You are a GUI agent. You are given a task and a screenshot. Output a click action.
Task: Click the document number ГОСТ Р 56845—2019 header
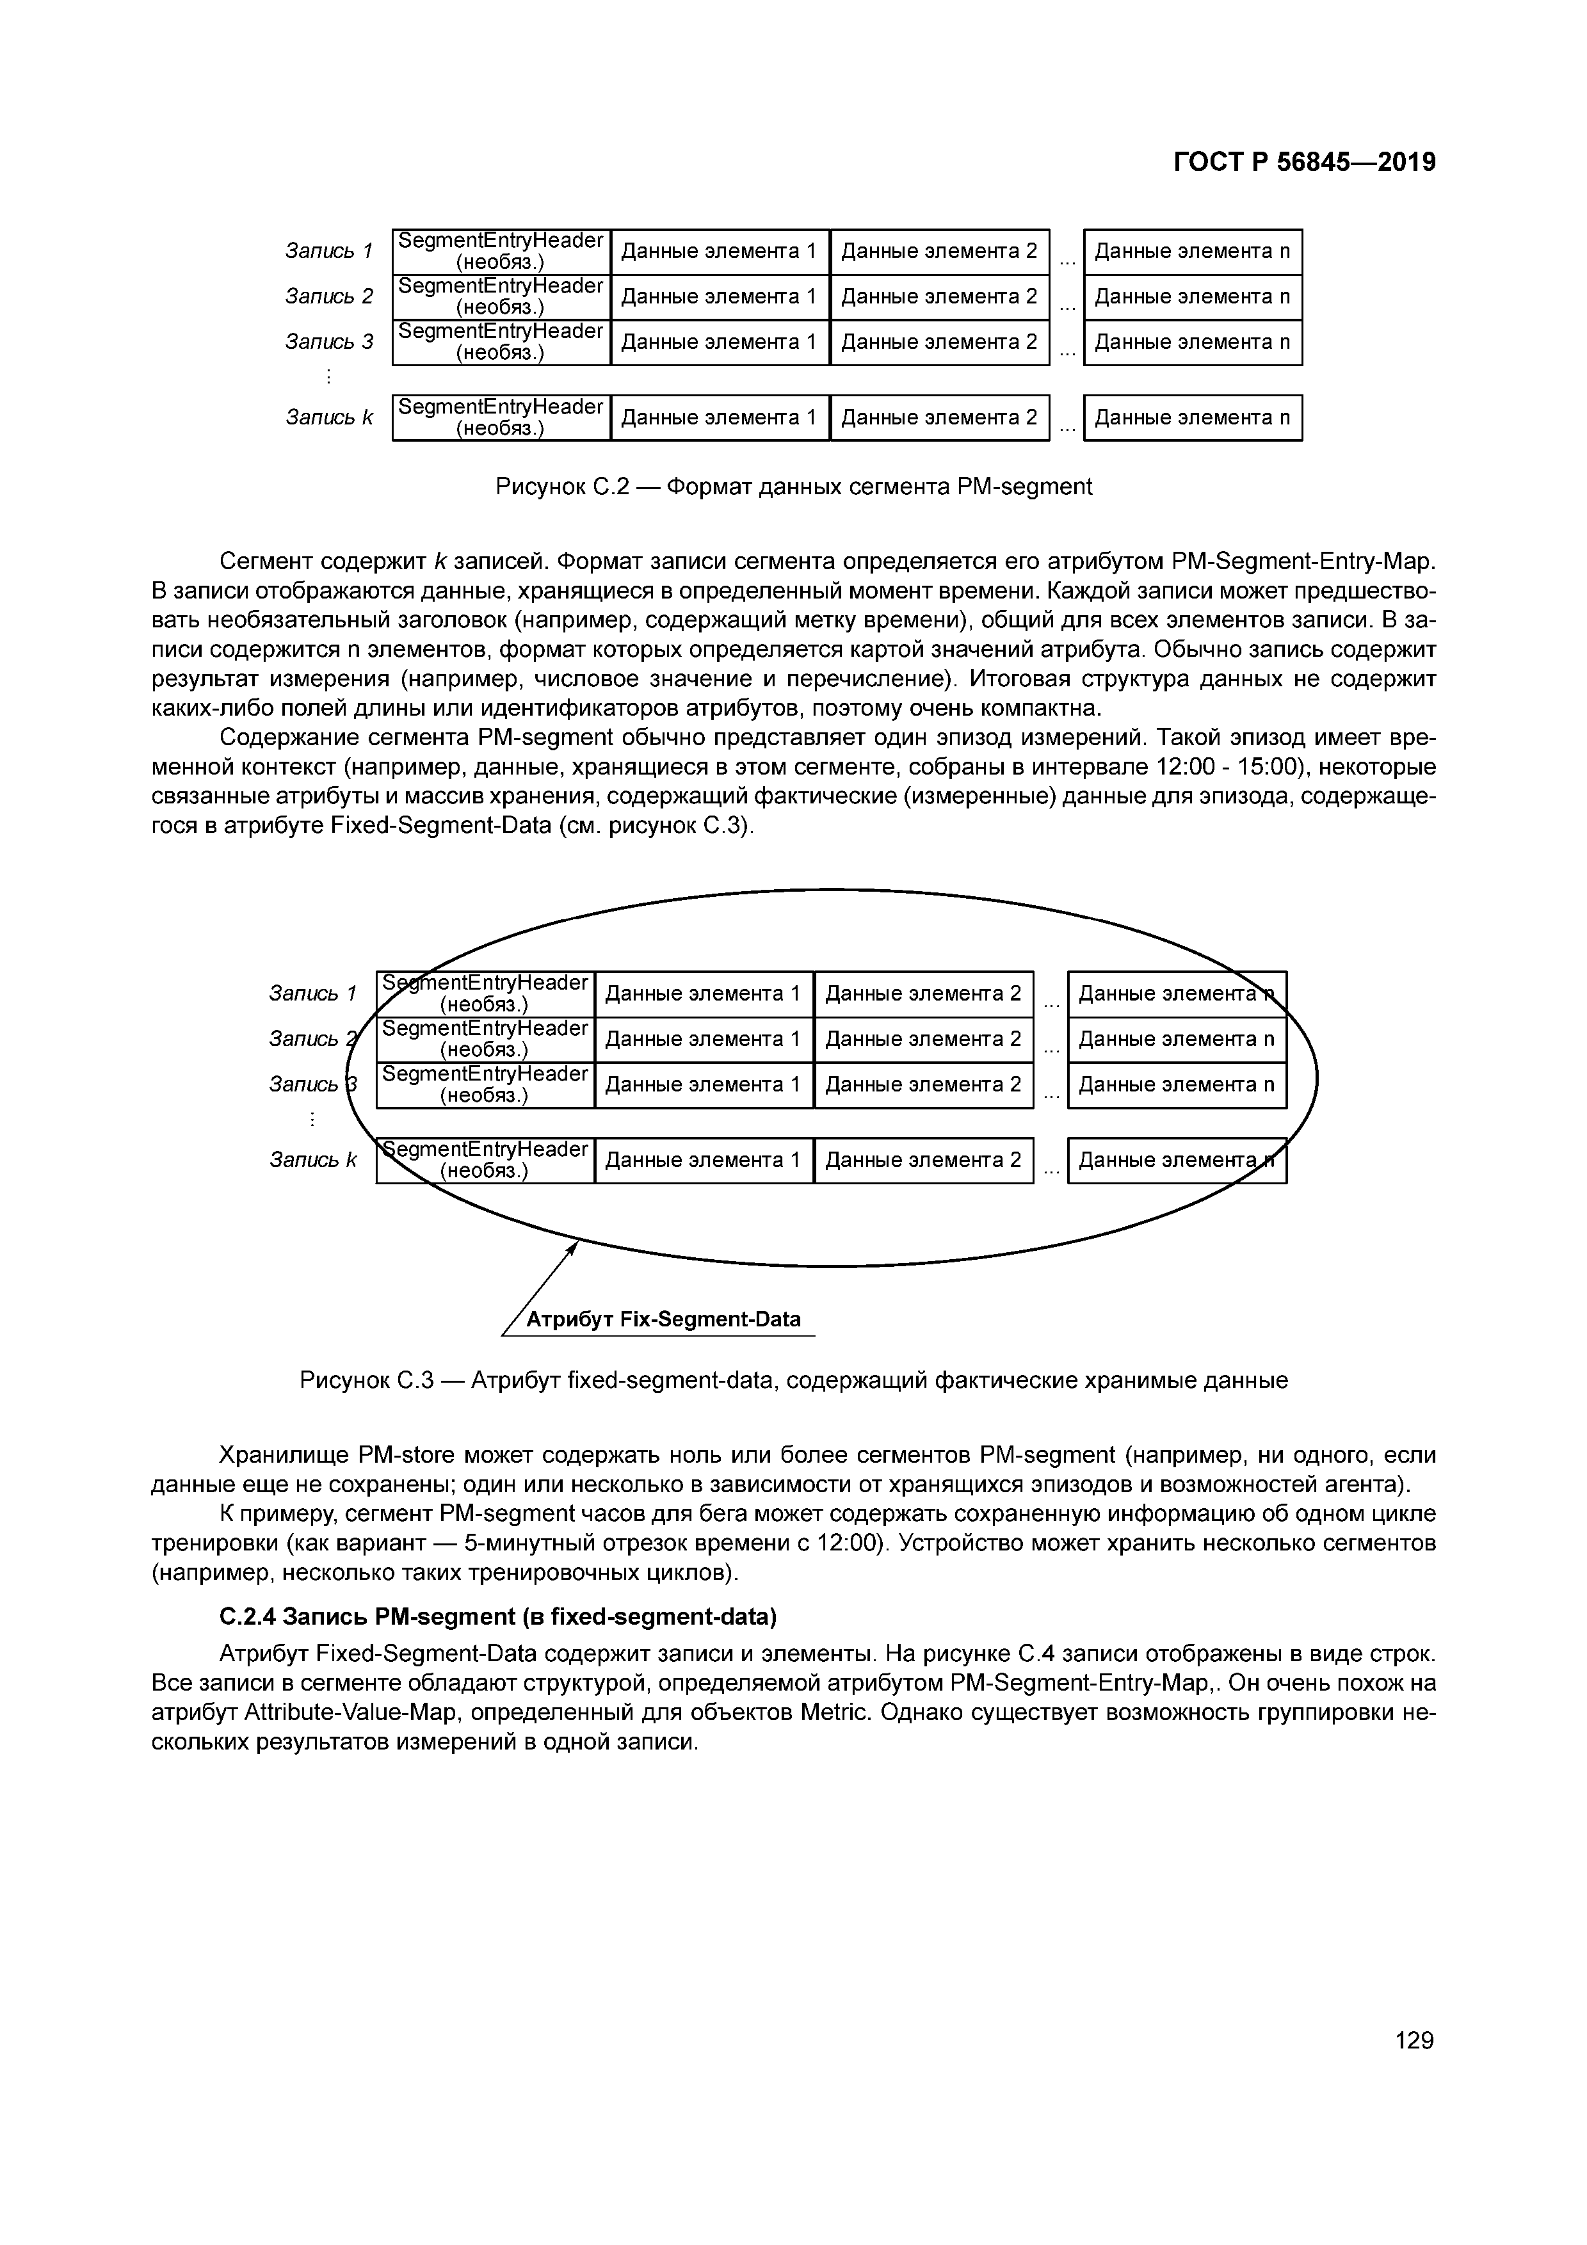pyautogui.click(x=1305, y=163)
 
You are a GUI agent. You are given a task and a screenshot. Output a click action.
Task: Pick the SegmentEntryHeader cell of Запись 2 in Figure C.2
pyautogui.click(x=501, y=296)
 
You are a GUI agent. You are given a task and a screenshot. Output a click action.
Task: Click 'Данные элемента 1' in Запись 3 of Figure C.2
pyautogui.click(x=719, y=342)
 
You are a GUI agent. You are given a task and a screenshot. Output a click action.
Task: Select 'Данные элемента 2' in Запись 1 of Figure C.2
pyautogui.click(x=939, y=252)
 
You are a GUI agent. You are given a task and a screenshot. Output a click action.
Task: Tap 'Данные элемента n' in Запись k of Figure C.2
pyautogui.click(x=1192, y=417)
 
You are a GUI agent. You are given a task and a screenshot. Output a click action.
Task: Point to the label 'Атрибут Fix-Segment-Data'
pyautogui.click(x=663, y=1320)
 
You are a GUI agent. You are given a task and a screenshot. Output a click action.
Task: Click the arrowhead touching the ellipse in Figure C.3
pyautogui.click(x=574, y=1246)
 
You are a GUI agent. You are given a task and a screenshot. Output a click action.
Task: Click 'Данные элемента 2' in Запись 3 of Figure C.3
pyautogui.click(x=923, y=1084)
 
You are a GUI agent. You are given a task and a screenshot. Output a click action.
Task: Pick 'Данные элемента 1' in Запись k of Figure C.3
pyautogui.click(x=703, y=1160)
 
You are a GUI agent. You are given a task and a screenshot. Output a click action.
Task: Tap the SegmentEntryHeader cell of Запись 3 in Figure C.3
pyautogui.click(x=485, y=1084)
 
